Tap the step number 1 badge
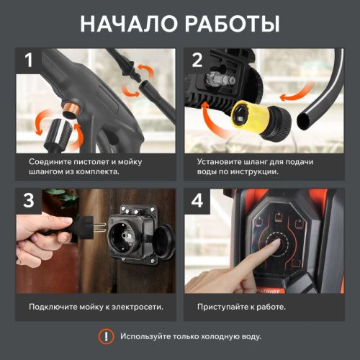click(x=29, y=60)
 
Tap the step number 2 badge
click(x=198, y=60)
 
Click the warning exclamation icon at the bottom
click(x=106, y=336)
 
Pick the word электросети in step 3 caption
click(x=135, y=307)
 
